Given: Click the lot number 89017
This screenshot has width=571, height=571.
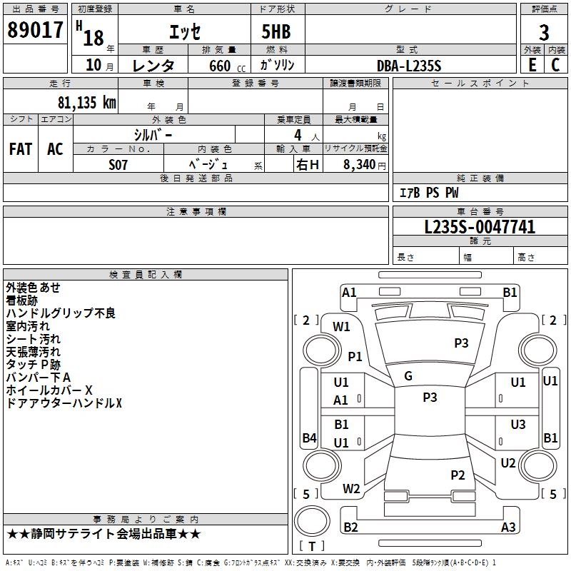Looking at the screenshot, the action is coord(35,30).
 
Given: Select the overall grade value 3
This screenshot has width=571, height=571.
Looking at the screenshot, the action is coord(544,33).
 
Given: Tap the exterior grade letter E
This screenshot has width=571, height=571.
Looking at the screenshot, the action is coord(532,65).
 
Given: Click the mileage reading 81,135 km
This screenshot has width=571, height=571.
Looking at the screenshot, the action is coord(86,103).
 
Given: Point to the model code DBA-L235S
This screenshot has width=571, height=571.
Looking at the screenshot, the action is coord(409,66).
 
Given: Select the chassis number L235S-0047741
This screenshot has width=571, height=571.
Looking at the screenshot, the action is coord(480,227).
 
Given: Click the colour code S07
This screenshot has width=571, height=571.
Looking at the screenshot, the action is coord(118,165).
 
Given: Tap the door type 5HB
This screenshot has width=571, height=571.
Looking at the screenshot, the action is coord(276,31).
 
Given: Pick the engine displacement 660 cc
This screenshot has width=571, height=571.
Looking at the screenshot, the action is coord(227,66).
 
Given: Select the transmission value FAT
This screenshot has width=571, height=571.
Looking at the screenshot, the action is coord(21,149).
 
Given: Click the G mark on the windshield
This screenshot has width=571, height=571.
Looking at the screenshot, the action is coord(408,376).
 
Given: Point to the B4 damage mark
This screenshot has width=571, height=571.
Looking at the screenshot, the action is coord(309,438).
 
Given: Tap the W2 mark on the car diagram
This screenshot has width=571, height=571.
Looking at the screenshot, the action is coord(351,489).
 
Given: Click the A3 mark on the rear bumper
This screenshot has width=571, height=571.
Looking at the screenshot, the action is coord(508,527).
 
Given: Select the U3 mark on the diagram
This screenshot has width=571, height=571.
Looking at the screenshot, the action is coord(518,425).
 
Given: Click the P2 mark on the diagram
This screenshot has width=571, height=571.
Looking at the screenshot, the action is coord(458,475).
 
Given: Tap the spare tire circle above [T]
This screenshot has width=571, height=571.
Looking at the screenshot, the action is coord(312,521).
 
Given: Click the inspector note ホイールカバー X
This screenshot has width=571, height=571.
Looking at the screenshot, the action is coord(49,390).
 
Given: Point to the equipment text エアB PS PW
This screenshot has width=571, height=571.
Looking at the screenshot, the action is coord(429,193).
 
